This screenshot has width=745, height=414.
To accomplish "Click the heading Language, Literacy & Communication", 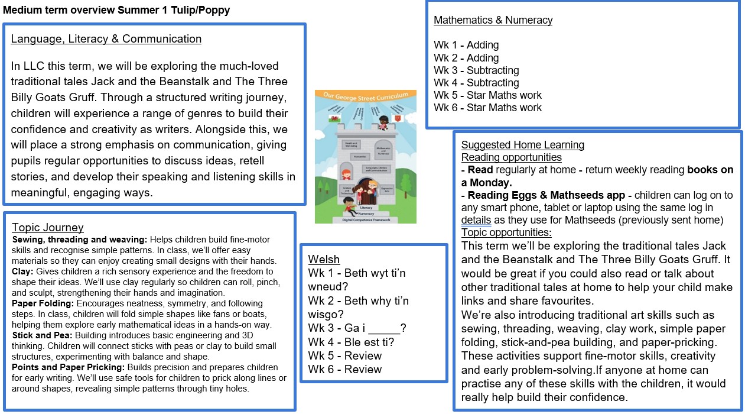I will [x=106, y=39].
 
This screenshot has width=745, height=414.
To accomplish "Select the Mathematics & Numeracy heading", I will [x=493, y=20].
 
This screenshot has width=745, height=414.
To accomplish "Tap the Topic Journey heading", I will [x=48, y=228].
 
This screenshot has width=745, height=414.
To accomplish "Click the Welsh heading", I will [x=324, y=260].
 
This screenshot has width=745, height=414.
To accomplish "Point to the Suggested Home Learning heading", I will [x=522, y=145].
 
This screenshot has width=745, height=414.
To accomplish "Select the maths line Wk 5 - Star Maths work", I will [x=487, y=95].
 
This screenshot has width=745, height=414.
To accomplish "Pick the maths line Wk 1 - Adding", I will [x=466, y=45].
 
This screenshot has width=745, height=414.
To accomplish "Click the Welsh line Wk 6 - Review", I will [x=345, y=369].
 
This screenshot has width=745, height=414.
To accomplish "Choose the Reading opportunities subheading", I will [x=511, y=157].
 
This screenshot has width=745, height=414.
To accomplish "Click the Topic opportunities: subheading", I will [x=506, y=232].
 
